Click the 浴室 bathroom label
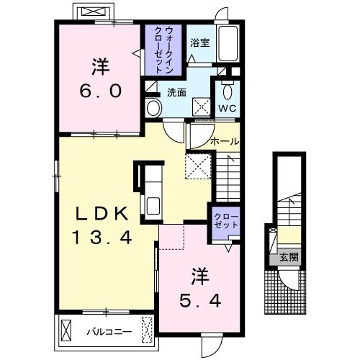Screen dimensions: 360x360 [x=200, y=43]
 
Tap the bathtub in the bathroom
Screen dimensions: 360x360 [x=228, y=44]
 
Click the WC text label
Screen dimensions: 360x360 [x=227, y=108]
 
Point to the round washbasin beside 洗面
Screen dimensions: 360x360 [x=154, y=108]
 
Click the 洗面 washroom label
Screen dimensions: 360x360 [x=176, y=92]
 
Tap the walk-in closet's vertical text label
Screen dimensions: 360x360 [x=163, y=50]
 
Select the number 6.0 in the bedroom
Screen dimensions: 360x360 [x=101, y=91]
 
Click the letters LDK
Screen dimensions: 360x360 [x=102, y=214]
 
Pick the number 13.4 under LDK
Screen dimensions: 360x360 [x=102, y=237]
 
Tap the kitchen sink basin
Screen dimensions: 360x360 [x=153, y=206]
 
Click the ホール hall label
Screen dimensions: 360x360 [x=225, y=142]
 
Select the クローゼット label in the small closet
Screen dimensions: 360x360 [x=226, y=220]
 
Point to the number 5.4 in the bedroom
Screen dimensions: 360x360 [x=200, y=301]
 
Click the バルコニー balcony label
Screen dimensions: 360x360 [x=109, y=332]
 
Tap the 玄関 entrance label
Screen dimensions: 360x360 [x=289, y=257]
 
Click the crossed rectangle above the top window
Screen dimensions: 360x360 [x=93, y=12]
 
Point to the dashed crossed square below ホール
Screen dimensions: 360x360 [x=199, y=166]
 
